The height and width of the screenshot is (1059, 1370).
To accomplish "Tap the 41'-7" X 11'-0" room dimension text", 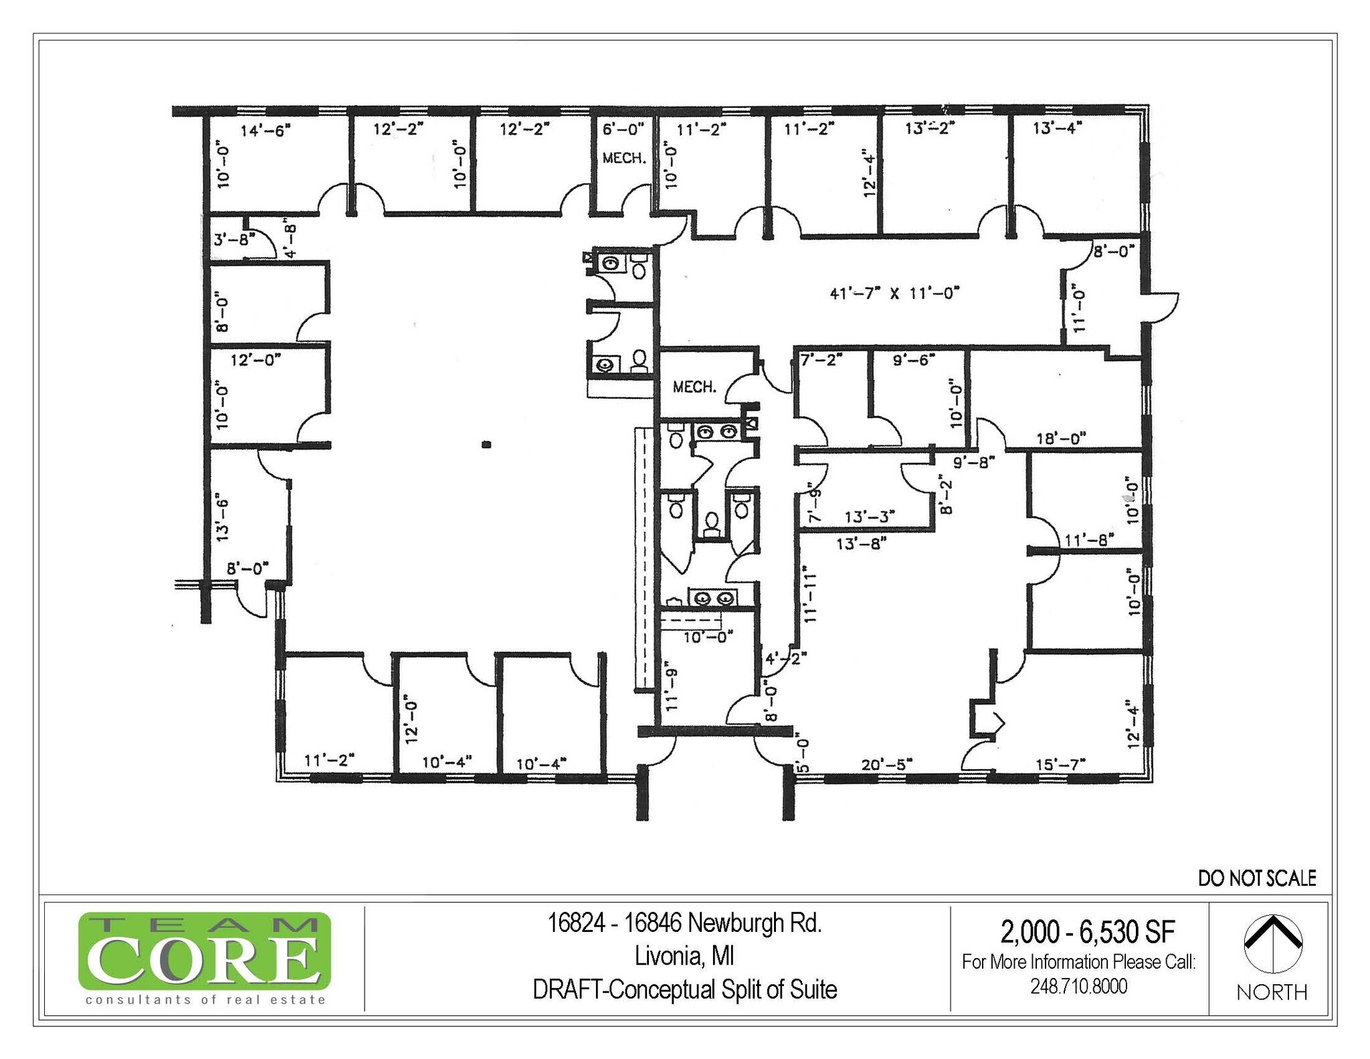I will pyautogui.click(x=894, y=292).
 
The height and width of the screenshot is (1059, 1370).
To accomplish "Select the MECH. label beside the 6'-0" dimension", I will pyautogui.click(x=624, y=159).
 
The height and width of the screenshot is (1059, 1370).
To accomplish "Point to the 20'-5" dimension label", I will pyautogui.click(x=887, y=764).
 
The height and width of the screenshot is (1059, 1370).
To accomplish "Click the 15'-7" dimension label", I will pyautogui.click(x=1060, y=764).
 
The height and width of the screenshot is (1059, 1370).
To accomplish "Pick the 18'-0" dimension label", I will pyautogui.click(x=1061, y=438).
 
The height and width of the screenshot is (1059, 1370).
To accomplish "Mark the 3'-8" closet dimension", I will pyautogui.click(x=230, y=239).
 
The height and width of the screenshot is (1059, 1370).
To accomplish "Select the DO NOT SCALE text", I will pyautogui.click(x=1257, y=878).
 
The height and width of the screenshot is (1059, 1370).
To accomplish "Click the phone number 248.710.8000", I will pyautogui.click(x=1078, y=986).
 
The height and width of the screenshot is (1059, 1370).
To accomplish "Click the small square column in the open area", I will pyautogui.click(x=487, y=444).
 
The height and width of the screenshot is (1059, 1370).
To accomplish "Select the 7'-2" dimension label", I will pyautogui.click(x=821, y=360).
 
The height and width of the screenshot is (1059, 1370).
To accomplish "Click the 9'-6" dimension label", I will pyautogui.click(x=914, y=360).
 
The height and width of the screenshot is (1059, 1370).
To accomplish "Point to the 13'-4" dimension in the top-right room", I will pyautogui.click(x=1057, y=128).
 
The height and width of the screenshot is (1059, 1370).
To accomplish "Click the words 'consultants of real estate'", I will pyautogui.click(x=205, y=1000).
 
